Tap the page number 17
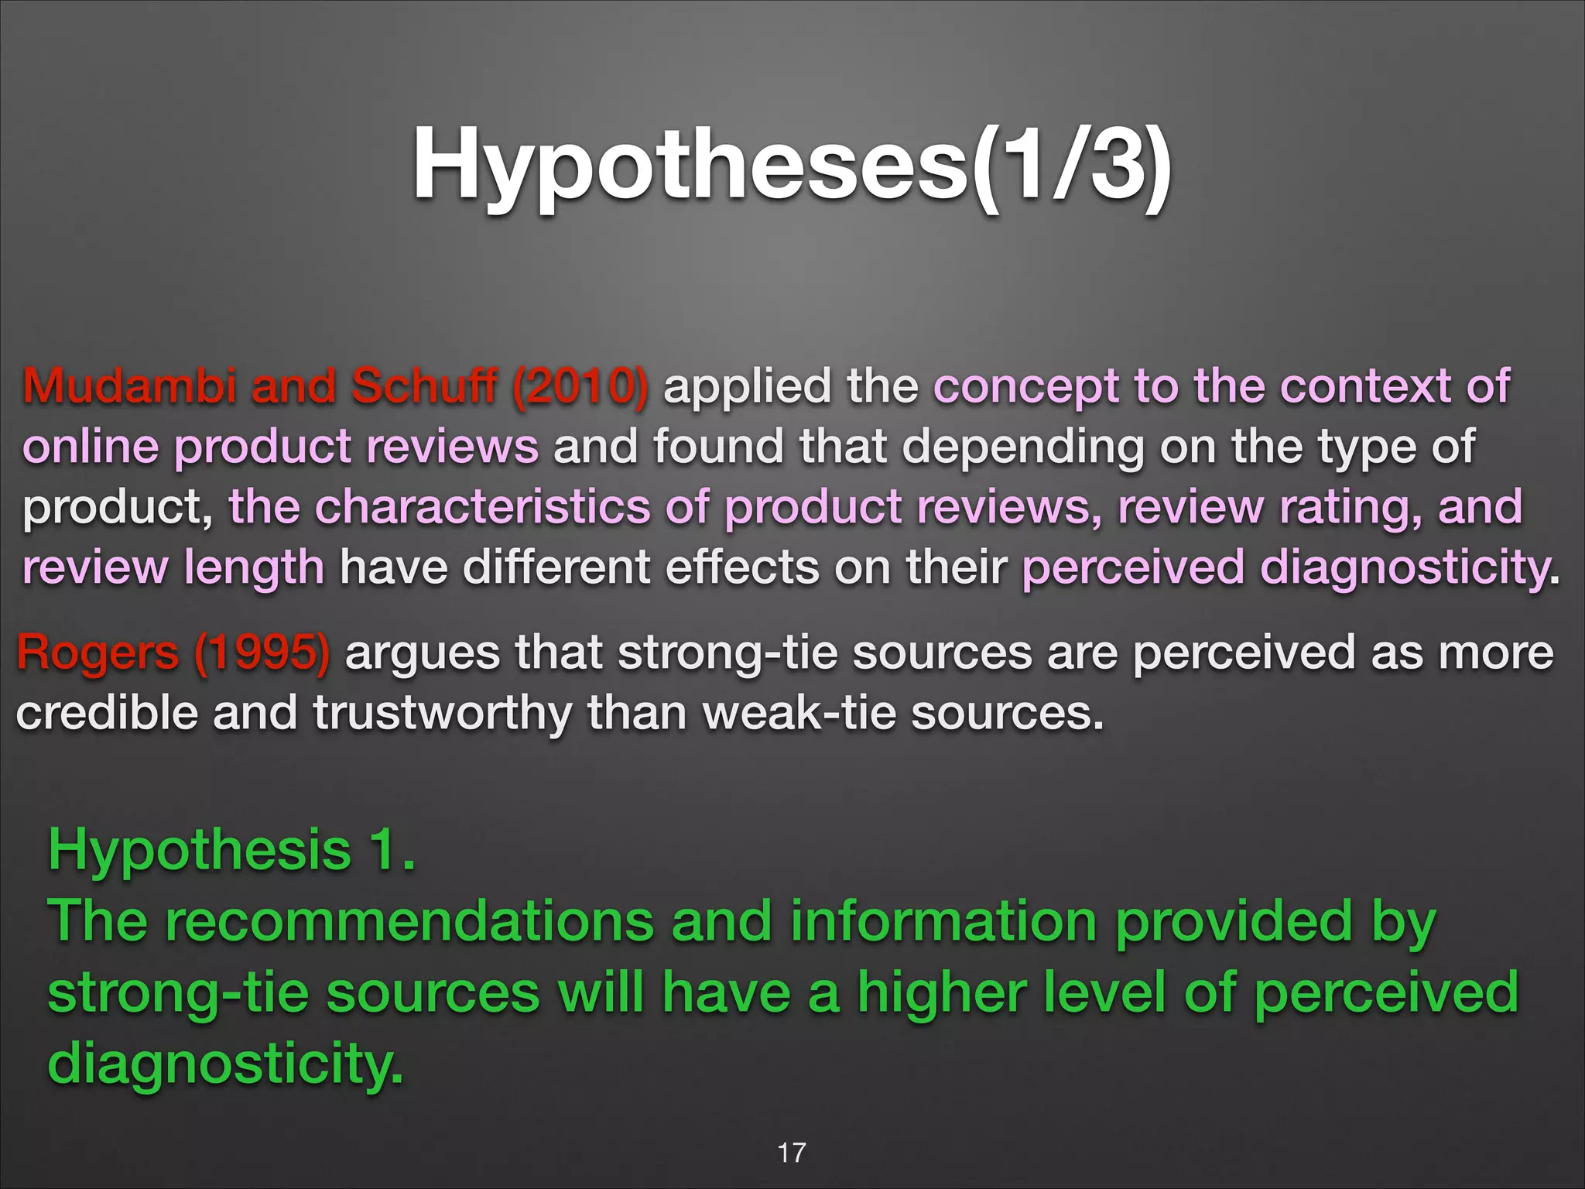click(x=791, y=1153)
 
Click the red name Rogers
click(x=98, y=653)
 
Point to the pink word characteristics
click(x=482, y=507)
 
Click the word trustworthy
click(x=442, y=713)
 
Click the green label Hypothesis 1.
click(x=231, y=850)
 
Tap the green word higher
click(x=941, y=993)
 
